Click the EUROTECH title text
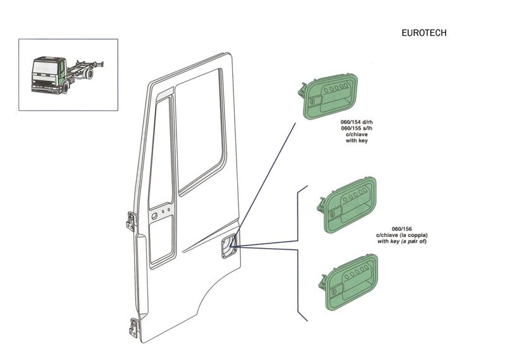point(424,33)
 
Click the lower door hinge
point(134,327)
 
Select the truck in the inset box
point(67,75)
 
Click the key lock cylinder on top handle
point(311,101)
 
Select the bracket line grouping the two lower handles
point(299,253)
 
